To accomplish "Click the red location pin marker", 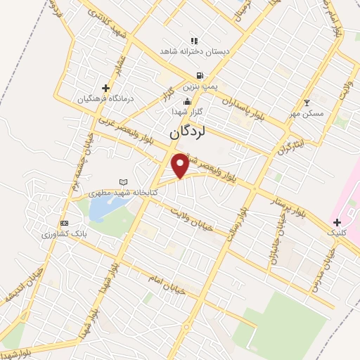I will click(x=181, y=165).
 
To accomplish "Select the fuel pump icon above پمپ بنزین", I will click(x=201, y=76).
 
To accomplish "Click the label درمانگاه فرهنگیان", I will click(x=105, y=98).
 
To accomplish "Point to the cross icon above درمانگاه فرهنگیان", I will click(x=105, y=88).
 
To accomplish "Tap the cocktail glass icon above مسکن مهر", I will click(x=306, y=103).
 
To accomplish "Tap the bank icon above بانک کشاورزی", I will click(x=64, y=223).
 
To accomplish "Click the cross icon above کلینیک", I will click(x=338, y=222).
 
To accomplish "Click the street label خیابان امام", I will click(x=167, y=283).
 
